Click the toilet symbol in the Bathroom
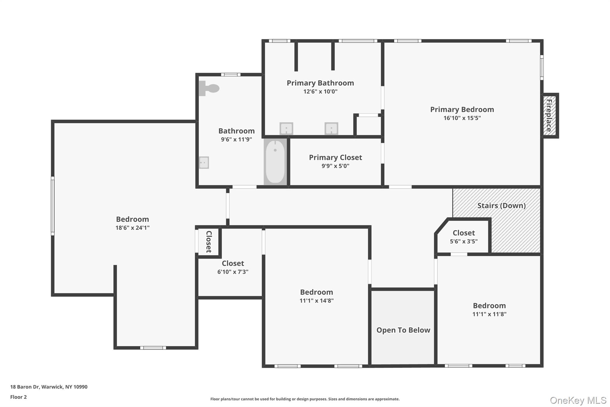(x=209, y=88)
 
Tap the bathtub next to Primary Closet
(x=275, y=162)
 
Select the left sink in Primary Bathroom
(x=286, y=129)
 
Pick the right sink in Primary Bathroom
(x=331, y=129)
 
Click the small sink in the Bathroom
(x=204, y=163)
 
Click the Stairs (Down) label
(x=501, y=205)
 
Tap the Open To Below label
(x=403, y=330)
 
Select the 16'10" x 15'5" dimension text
(x=462, y=118)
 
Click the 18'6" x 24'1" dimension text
(x=132, y=228)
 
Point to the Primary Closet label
(x=335, y=157)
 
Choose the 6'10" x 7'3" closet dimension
(x=233, y=272)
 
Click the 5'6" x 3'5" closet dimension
(x=463, y=241)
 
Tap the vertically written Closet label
(x=209, y=242)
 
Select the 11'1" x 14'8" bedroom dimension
(x=316, y=301)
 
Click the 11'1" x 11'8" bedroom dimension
(x=489, y=314)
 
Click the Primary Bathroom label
(x=320, y=83)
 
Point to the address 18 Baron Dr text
(x=49, y=387)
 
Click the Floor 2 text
(x=18, y=397)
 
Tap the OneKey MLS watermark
(x=578, y=400)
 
